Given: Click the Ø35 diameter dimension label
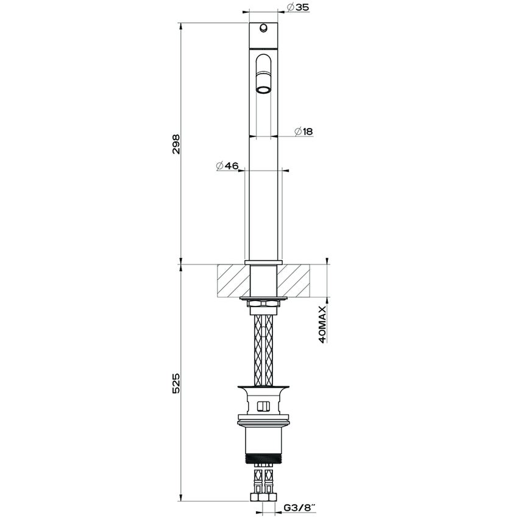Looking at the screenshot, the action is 299,7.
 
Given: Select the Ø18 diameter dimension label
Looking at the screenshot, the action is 303,132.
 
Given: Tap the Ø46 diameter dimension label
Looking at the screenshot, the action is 227,166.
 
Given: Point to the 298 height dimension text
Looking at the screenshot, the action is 176,144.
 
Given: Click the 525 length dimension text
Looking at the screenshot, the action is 176,383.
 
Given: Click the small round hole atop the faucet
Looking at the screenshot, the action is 263,29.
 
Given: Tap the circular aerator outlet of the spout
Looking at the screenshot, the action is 263,90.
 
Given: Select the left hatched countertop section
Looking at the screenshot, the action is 233,280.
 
